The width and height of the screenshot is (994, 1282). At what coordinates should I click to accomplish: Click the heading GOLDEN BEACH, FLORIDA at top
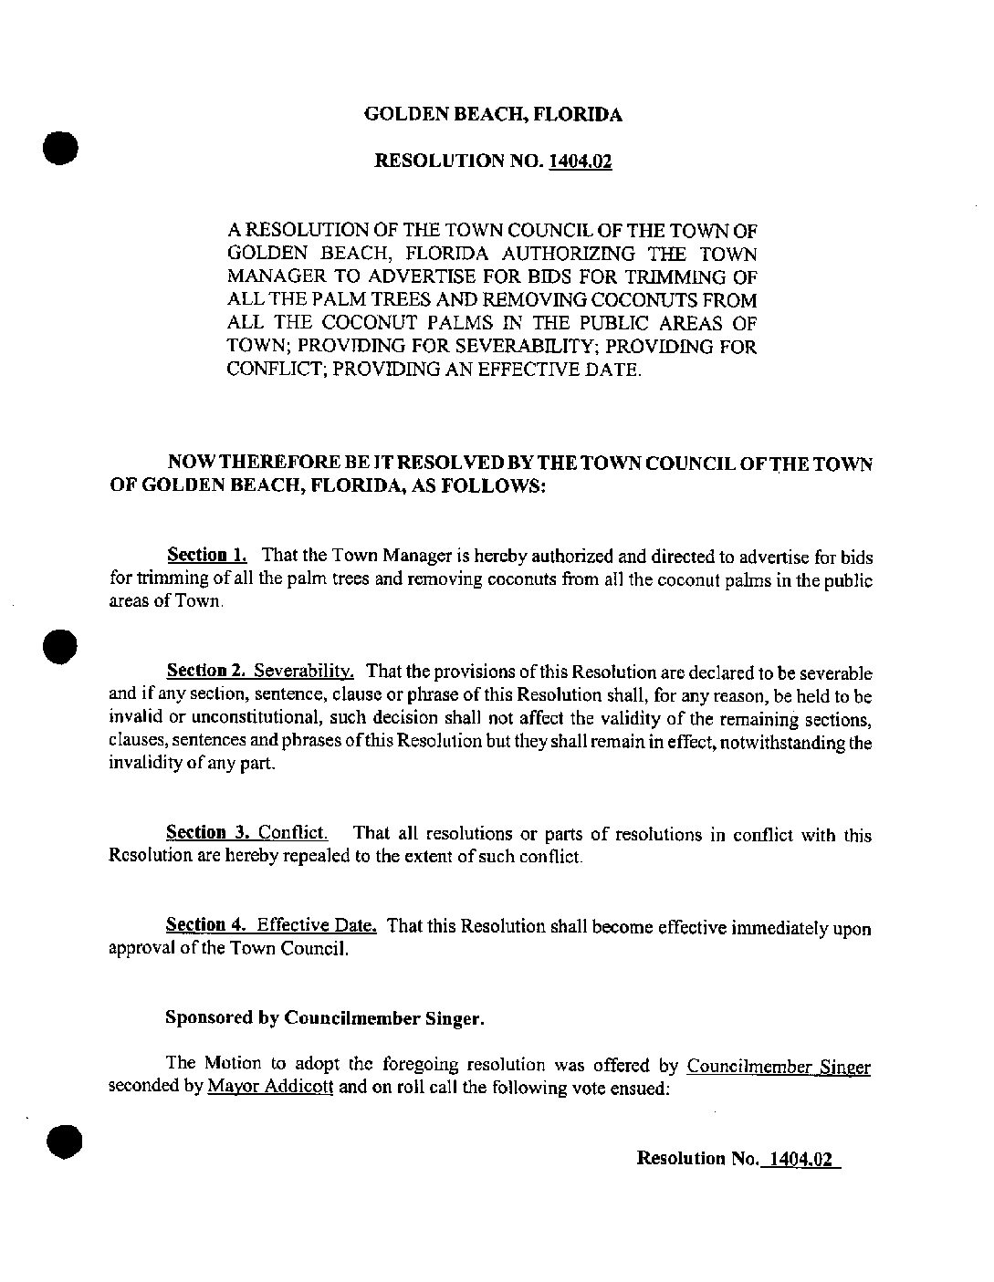tap(493, 115)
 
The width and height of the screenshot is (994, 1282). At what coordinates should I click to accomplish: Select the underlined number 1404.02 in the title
tap(580, 162)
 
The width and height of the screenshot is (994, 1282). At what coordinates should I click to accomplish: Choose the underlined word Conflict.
tap(292, 832)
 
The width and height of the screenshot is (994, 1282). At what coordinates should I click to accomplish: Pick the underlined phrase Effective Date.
tap(317, 926)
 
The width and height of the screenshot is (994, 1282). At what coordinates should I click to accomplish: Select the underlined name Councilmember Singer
tap(778, 1066)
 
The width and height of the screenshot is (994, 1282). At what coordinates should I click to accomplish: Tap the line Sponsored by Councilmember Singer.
tap(324, 1018)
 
